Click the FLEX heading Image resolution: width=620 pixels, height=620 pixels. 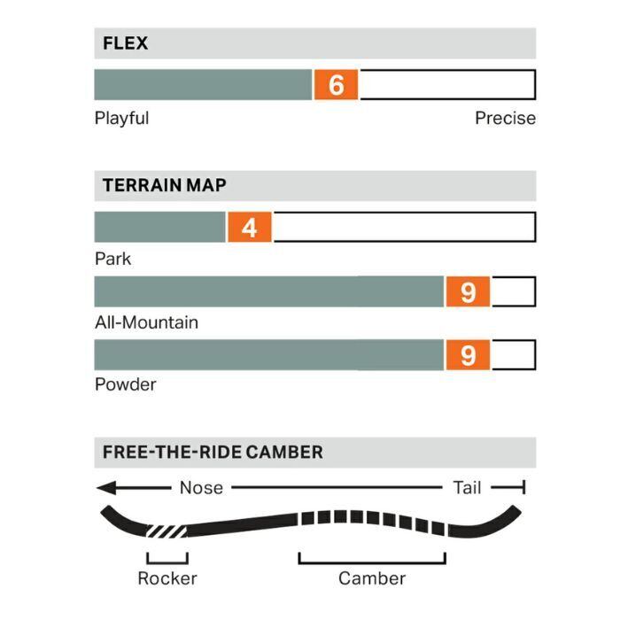click(125, 43)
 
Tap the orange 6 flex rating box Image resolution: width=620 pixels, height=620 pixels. click(336, 85)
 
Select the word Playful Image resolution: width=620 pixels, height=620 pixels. click(121, 118)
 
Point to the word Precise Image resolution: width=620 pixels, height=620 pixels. click(505, 118)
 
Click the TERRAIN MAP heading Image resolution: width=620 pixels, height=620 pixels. click(164, 186)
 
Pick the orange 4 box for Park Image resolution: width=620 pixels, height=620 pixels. click(250, 228)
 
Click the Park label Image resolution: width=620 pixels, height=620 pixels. click(112, 259)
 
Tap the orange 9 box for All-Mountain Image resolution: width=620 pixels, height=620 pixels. click(468, 291)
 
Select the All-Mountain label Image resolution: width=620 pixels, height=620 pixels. click(146, 322)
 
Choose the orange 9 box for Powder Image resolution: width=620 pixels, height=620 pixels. click(468, 354)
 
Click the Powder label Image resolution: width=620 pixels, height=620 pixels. click(125, 384)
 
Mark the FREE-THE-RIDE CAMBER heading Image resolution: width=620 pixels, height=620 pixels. click(213, 452)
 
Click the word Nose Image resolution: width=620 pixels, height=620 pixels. click(201, 487)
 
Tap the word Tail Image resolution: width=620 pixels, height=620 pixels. click(467, 487)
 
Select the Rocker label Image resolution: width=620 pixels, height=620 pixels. click(167, 578)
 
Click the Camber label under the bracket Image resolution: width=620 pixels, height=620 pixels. click(372, 578)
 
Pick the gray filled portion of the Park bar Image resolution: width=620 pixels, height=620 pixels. click(160, 228)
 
